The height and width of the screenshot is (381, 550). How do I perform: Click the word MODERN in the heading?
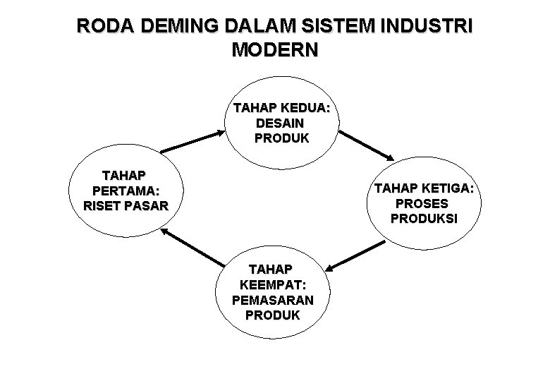275,51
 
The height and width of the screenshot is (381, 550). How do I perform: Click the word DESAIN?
281,123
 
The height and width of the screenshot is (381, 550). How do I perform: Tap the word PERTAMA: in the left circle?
126,191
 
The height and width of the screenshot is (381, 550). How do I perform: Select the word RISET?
104,206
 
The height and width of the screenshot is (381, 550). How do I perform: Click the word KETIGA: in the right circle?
446,188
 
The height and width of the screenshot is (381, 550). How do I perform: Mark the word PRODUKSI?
423,219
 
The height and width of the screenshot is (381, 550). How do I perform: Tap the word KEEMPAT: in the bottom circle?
272,284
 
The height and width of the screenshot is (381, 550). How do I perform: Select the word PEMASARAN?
272,299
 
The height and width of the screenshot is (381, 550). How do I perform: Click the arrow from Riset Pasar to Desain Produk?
190,142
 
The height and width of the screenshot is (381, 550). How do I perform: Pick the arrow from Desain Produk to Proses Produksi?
367,145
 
